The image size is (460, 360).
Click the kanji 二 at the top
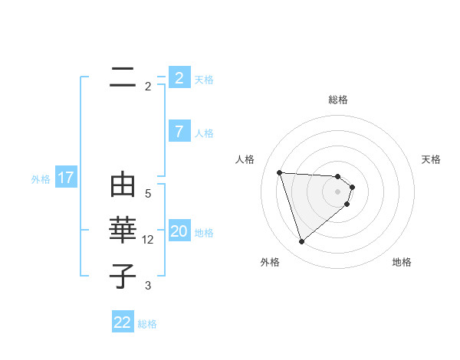point(123,77)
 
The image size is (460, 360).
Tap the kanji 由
point(123,185)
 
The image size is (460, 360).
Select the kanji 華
point(123,231)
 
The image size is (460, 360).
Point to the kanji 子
point(123,277)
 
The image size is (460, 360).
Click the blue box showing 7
point(179,132)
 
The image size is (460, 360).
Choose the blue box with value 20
point(179,231)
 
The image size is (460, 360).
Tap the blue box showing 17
point(66,178)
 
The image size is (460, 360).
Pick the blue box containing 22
point(123,322)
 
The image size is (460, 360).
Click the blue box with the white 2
point(179,78)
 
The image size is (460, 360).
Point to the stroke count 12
point(148,240)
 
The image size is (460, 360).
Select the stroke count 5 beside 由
point(148,194)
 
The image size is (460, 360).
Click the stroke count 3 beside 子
point(148,286)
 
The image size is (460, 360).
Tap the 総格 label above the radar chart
point(338,100)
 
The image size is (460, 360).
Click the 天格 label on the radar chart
point(432,159)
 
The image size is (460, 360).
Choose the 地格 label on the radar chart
point(402,262)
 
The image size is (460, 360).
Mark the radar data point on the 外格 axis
point(301,242)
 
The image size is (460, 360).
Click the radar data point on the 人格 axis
point(279,172)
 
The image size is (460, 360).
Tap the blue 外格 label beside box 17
point(41,179)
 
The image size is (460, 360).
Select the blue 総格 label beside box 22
point(147,324)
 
